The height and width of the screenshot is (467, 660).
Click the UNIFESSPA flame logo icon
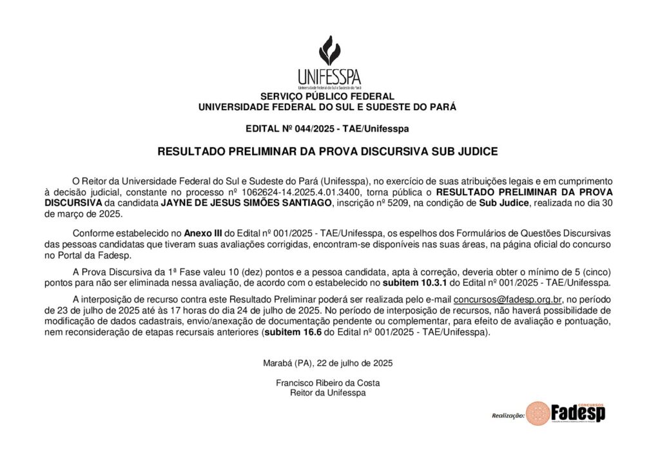click(x=329, y=50)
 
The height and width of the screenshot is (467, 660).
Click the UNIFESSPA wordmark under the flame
click(x=329, y=77)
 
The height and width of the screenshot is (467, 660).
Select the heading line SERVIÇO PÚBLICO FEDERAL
click(x=327, y=97)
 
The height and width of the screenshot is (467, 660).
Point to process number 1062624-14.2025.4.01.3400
click(x=309, y=192)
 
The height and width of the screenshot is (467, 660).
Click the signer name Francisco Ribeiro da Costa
click(x=327, y=383)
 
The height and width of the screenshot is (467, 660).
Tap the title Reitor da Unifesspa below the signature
click(x=327, y=393)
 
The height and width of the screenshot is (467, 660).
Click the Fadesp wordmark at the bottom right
click(x=578, y=413)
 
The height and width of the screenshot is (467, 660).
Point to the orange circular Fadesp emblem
click(x=538, y=413)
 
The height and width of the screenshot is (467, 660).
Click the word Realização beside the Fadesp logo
click(x=508, y=416)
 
